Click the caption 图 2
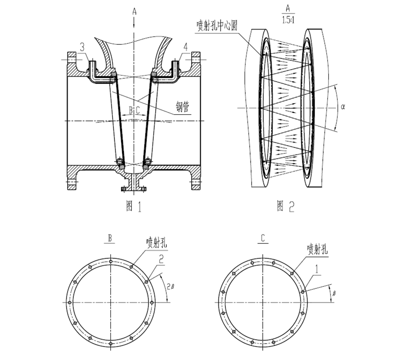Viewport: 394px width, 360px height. point(287,205)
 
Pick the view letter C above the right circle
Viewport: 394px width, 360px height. point(262,237)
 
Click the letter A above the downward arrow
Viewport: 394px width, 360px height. point(134,10)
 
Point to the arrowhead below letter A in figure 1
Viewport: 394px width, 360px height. point(134,25)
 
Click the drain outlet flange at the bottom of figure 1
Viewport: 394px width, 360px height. point(134,189)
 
